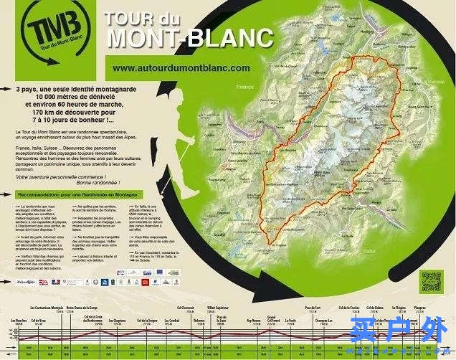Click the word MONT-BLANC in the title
[x=189, y=37]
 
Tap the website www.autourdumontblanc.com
[x=181, y=67]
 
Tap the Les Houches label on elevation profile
[x=19, y=320]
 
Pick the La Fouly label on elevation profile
[x=290, y=320]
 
